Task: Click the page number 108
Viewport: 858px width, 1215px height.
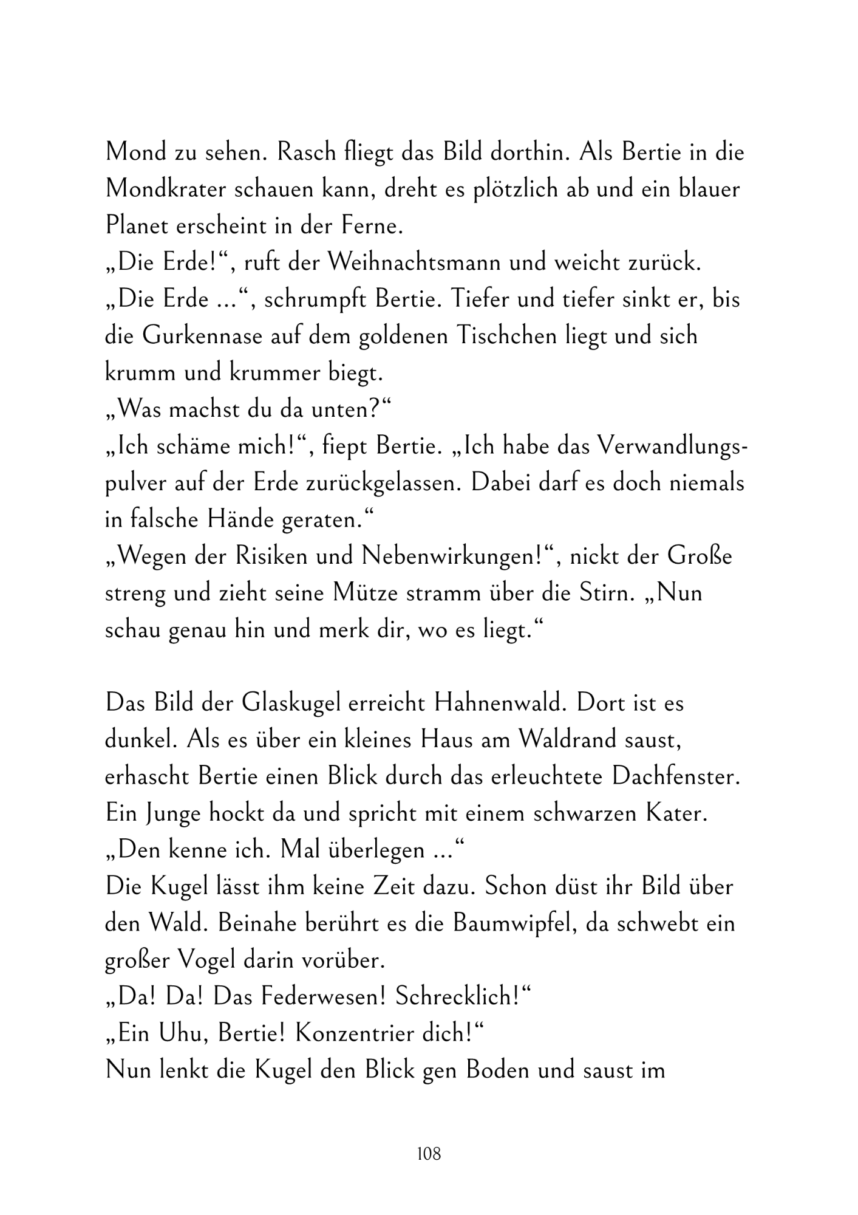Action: pyautogui.click(x=429, y=1154)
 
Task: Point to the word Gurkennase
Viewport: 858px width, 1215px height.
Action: pyautogui.click(x=203, y=337)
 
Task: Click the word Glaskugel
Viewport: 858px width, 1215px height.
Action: pyautogui.click(x=294, y=703)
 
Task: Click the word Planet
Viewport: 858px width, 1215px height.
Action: pyautogui.click(x=136, y=226)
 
